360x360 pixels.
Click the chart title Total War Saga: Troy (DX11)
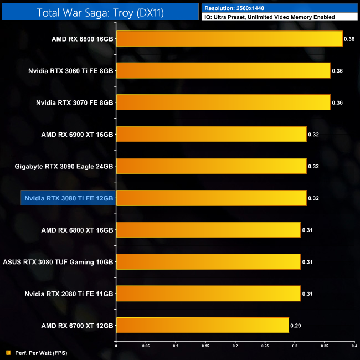pos(100,12)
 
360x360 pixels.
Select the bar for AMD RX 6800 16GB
pos(229,39)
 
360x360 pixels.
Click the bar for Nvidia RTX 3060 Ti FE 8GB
pos(223,70)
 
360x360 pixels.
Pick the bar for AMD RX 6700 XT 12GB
pos(202,325)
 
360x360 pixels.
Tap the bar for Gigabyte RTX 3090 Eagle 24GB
pos(211,166)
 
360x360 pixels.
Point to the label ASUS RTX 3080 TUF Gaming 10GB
pos(58,261)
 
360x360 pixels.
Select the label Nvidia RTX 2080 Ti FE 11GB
pos(69,294)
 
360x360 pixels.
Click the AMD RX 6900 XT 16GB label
pos(78,134)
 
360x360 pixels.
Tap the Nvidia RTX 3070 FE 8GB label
pos(75,102)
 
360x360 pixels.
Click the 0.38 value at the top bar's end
pos(349,39)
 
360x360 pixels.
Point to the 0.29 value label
pos(296,326)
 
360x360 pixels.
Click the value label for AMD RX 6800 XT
pos(307,230)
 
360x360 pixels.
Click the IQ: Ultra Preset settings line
pos(269,17)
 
